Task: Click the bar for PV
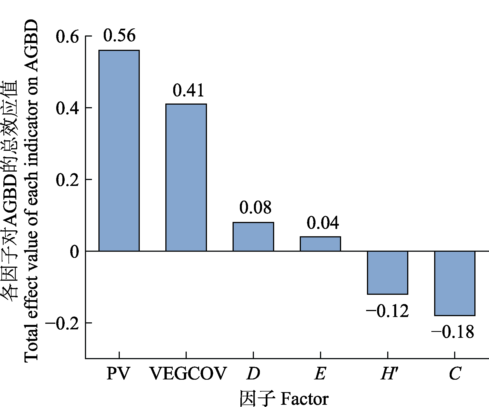(119, 150)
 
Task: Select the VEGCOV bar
(186, 177)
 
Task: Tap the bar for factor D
(253, 237)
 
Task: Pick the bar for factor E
(320, 244)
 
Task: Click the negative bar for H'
(387, 273)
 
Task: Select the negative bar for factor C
(455, 283)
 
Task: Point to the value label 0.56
(119, 36)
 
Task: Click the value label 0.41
(188, 91)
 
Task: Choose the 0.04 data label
(323, 223)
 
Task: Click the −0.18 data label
(453, 332)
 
